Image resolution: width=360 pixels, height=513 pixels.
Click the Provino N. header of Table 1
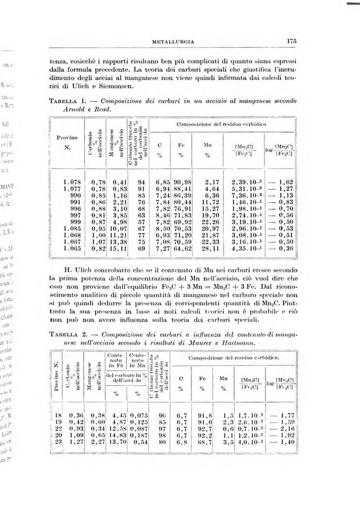(67, 142)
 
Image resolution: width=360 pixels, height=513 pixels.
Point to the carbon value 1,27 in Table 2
(76, 441)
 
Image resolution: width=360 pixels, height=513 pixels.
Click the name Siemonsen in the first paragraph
(113, 85)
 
